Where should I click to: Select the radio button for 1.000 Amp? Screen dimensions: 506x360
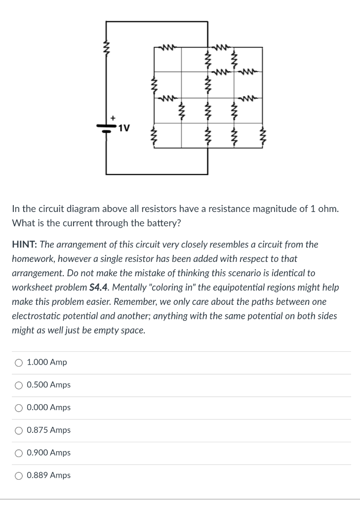(19, 363)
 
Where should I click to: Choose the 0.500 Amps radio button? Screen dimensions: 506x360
(19, 385)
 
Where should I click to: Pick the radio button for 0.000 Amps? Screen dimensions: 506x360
(19, 408)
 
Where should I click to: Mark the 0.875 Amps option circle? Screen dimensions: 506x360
(19, 430)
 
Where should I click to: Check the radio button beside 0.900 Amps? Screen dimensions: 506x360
(19, 453)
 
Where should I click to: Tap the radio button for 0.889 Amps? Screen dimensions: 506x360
(19, 475)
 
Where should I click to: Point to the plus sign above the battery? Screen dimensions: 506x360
(113, 118)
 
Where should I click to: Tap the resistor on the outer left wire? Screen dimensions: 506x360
(106, 49)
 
